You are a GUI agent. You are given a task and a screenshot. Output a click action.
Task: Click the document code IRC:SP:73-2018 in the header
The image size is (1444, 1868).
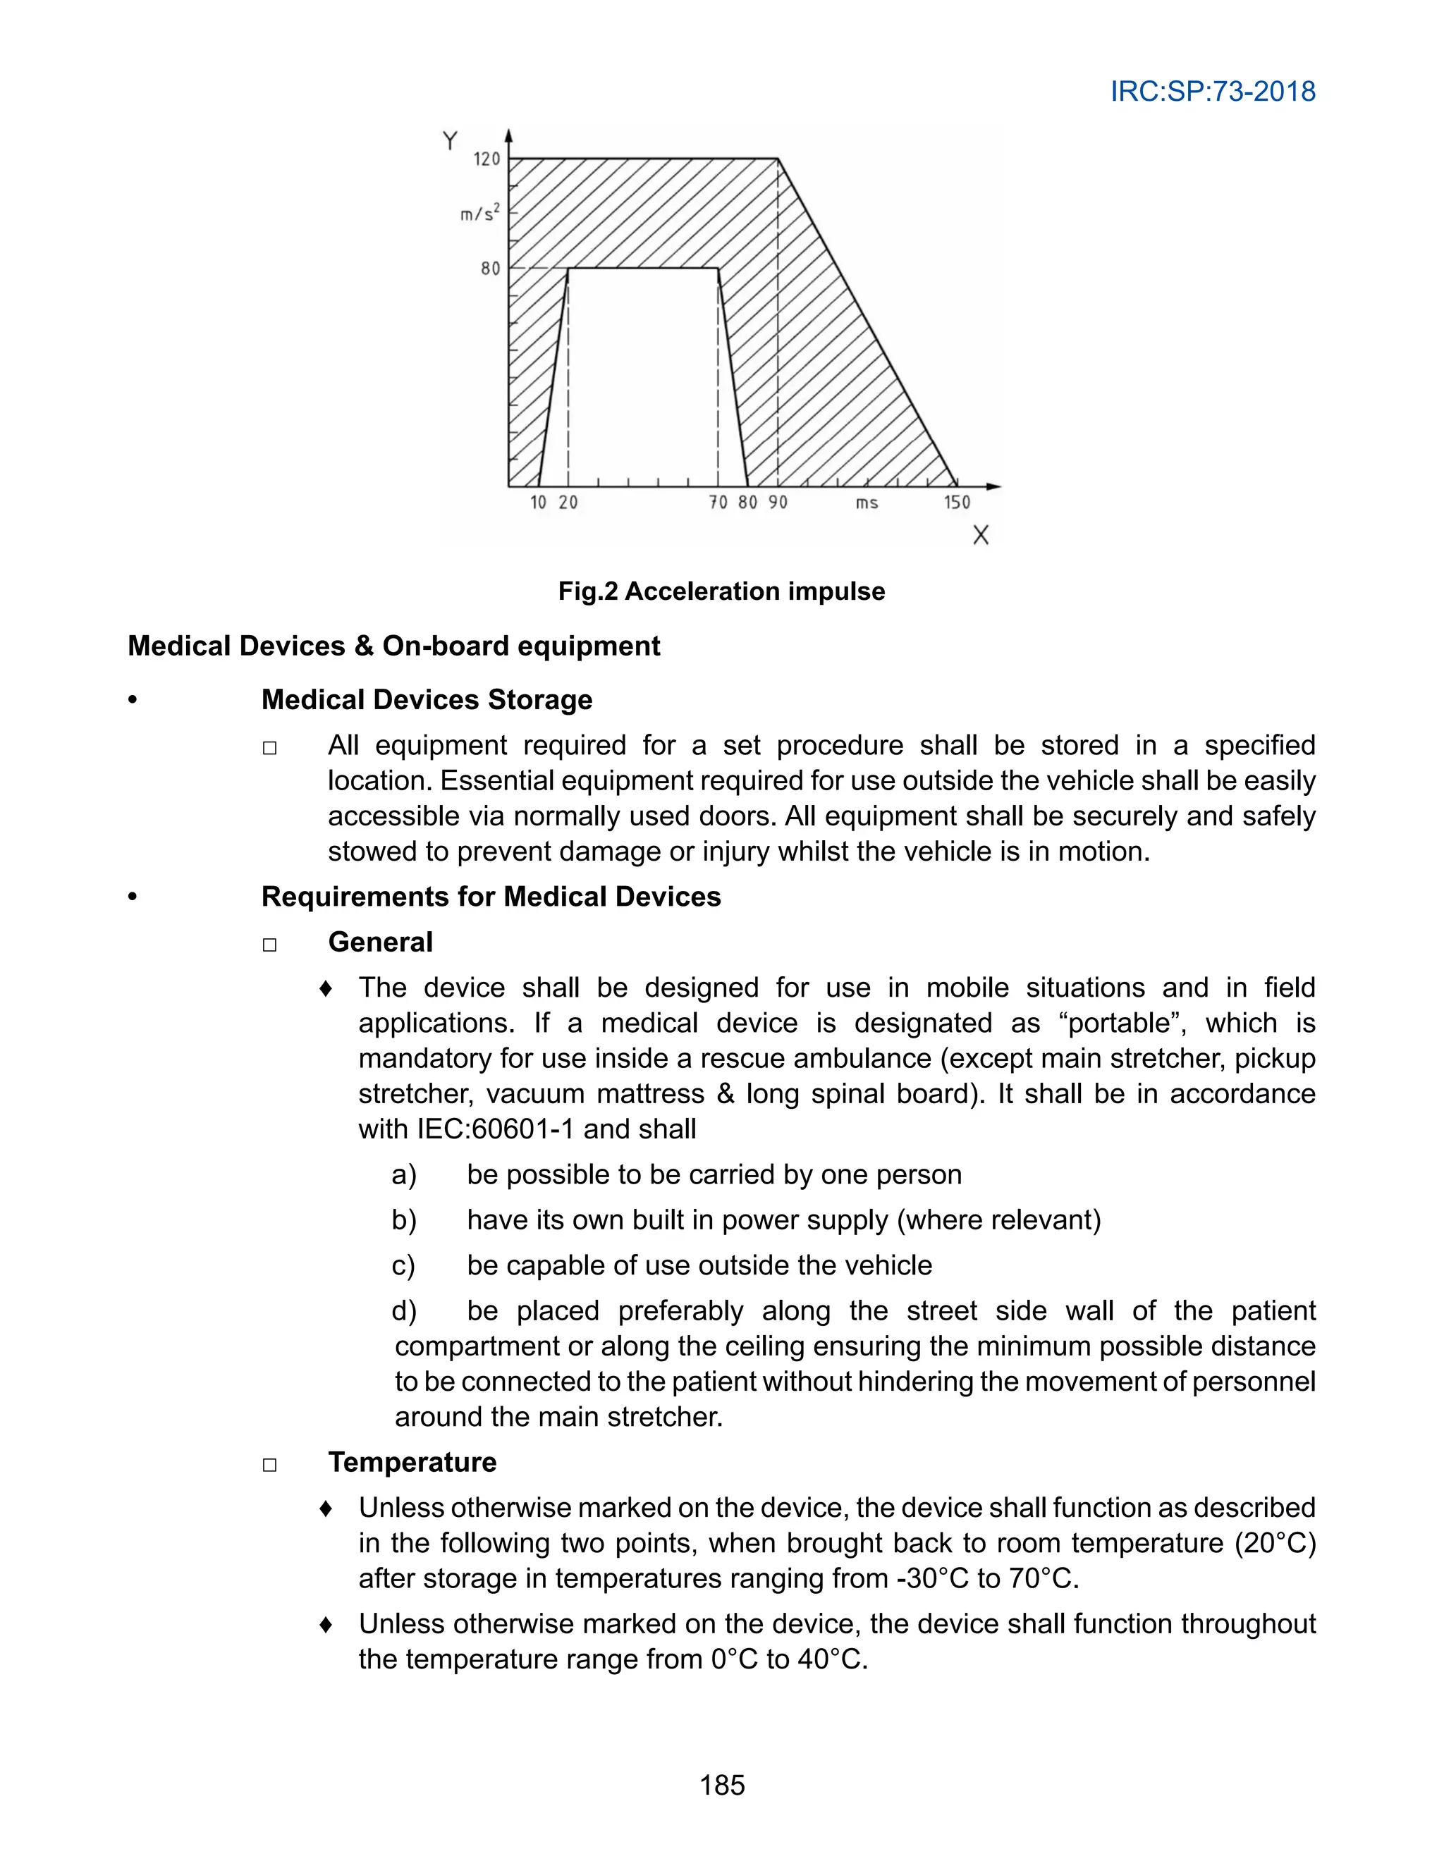tap(1212, 92)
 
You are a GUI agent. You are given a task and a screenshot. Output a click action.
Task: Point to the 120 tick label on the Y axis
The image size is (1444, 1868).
tap(487, 159)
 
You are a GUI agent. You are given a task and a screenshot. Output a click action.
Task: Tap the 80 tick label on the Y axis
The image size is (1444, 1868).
tap(490, 269)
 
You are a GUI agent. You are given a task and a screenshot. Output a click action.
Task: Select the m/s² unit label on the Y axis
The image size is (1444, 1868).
tap(480, 213)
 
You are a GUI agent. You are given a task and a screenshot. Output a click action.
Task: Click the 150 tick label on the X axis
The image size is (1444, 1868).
tap(956, 503)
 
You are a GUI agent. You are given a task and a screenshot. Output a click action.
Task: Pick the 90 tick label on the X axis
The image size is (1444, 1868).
tap(777, 503)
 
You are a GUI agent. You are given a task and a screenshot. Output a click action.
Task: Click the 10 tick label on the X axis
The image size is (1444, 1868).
tap(538, 503)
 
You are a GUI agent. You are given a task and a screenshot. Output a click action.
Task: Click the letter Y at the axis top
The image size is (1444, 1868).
tap(451, 141)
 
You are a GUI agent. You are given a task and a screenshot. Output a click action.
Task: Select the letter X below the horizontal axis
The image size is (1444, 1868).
tap(980, 536)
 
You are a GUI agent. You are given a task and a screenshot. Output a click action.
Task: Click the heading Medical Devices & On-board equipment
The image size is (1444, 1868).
tap(393, 646)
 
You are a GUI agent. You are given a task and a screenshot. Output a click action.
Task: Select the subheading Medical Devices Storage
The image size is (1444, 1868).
tap(426, 700)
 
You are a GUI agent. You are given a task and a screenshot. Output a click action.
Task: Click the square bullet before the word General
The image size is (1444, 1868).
tap(269, 945)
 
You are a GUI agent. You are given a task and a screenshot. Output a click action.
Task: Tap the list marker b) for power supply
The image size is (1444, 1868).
tap(404, 1219)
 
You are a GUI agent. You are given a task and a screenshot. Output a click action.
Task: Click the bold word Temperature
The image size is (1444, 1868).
tap(412, 1462)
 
